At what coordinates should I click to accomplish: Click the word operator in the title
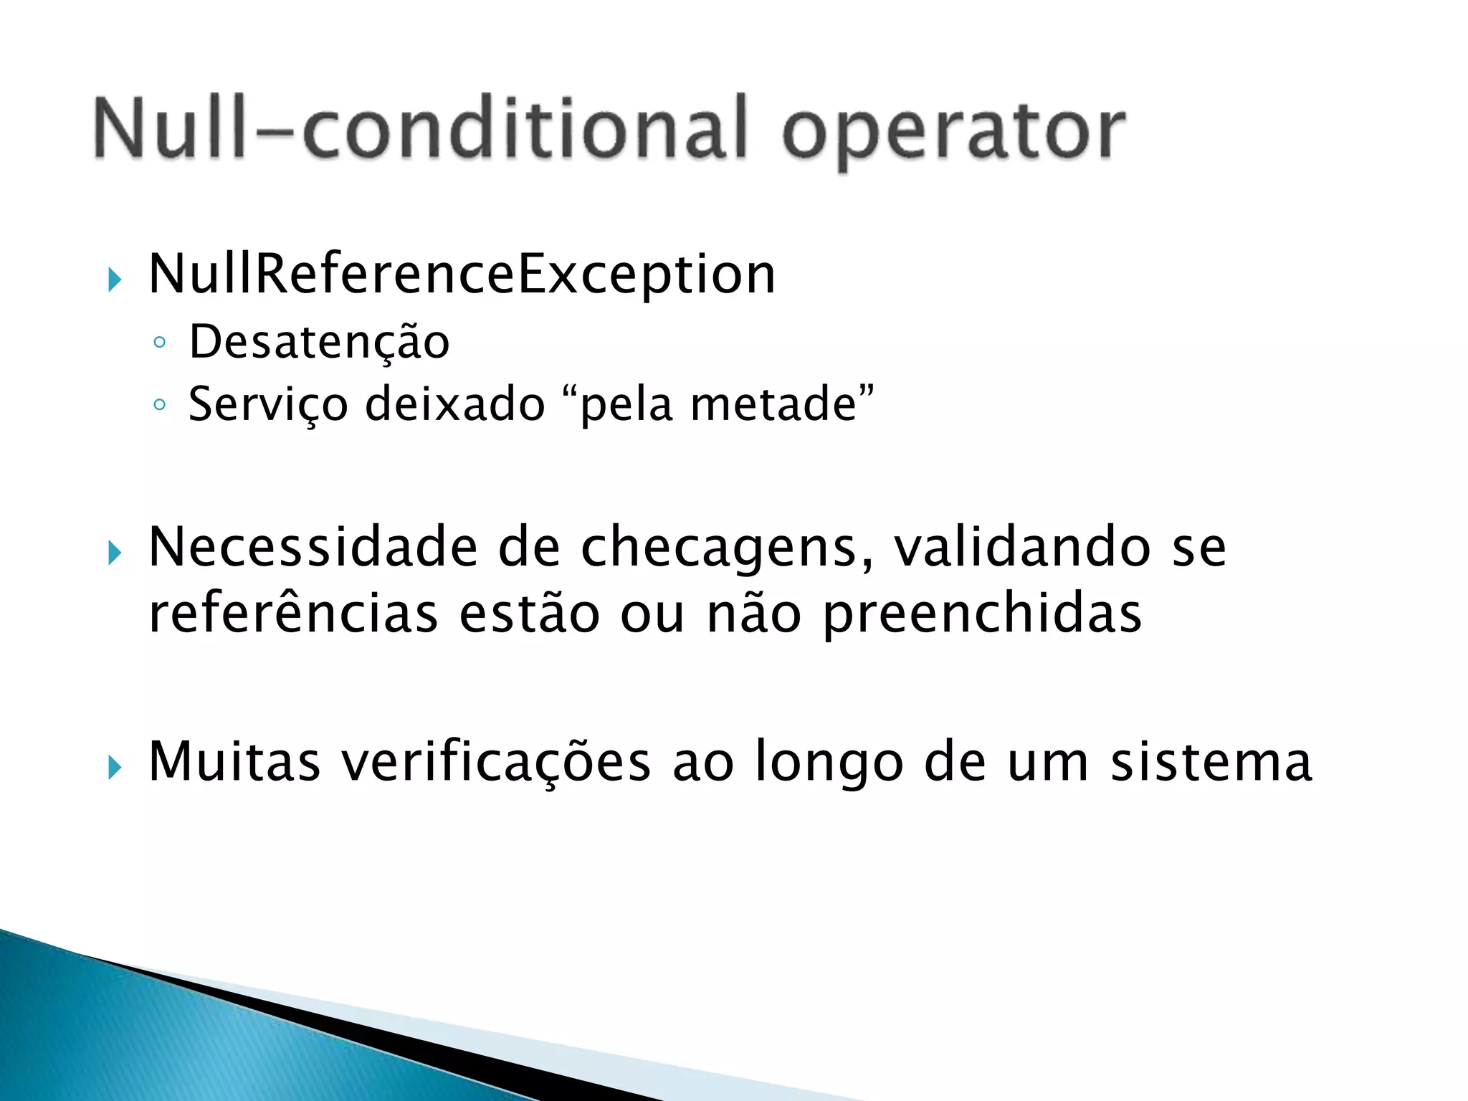pyautogui.click(x=953, y=133)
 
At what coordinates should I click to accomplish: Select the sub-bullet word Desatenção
pyautogui.click(x=319, y=342)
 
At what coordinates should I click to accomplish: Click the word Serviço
pyautogui.click(x=267, y=404)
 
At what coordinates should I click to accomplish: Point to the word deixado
pyautogui.click(x=455, y=404)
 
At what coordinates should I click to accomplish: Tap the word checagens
pyautogui.click(x=727, y=549)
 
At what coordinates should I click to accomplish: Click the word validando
pyautogui.click(x=1022, y=548)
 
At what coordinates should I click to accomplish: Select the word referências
pyautogui.click(x=293, y=614)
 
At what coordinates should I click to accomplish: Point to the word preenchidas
pyautogui.click(x=982, y=616)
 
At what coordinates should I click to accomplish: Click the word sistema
pyautogui.click(x=1211, y=761)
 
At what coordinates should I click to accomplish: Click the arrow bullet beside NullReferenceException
pyautogui.click(x=115, y=280)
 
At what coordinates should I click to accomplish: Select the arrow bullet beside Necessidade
pyautogui.click(x=115, y=553)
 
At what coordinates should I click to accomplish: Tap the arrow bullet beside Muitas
pyautogui.click(x=115, y=768)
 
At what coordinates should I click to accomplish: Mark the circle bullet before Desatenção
pyautogui.click(x=159, y=343)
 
